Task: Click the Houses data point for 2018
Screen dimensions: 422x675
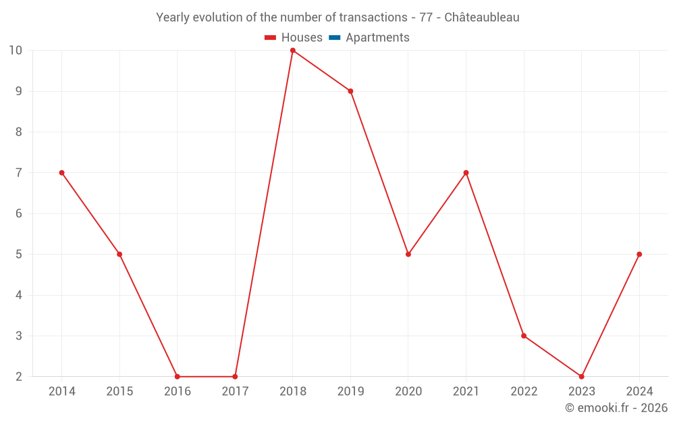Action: click(293, 51)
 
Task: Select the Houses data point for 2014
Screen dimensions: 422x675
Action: click(62, 173)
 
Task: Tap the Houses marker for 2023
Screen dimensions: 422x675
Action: click(582, 376)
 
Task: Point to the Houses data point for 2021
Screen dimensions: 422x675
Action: click(466, 173)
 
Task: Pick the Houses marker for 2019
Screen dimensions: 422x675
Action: click(350, 91)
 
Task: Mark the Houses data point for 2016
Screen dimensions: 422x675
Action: click(178, 376)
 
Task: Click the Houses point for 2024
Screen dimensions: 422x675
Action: click(639, 255)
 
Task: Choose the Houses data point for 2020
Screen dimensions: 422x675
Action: click(408, 255)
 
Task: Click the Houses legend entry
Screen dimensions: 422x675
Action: click(294, 38)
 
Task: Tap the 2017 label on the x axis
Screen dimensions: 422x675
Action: click(235, 392)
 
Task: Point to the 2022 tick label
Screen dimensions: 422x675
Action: click(524, 392)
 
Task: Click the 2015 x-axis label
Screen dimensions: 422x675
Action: click(119, 392)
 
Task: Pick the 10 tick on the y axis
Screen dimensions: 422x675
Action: click(16, 51)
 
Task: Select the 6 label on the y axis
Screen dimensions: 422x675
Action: click(19, 213)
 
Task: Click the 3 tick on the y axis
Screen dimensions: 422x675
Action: click(19, 336)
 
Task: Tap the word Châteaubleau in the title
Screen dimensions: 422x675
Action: click(482, 18)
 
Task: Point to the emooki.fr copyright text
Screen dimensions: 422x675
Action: click(616, 408)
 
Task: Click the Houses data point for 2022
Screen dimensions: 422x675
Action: click(524, 336)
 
